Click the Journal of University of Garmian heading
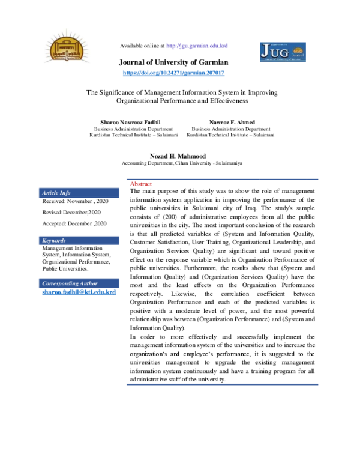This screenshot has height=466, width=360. pyautogui.click(x=173, y=62)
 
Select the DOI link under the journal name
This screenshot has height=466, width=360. pyautogui.click(x=173, y=73)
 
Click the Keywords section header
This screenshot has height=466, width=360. pyautogui.click(x=54, y=240)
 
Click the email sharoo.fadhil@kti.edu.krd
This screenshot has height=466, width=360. pyautogui.click(x=78, y=292)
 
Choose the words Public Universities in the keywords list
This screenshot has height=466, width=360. pyautogui.click(x=64, y=269)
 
